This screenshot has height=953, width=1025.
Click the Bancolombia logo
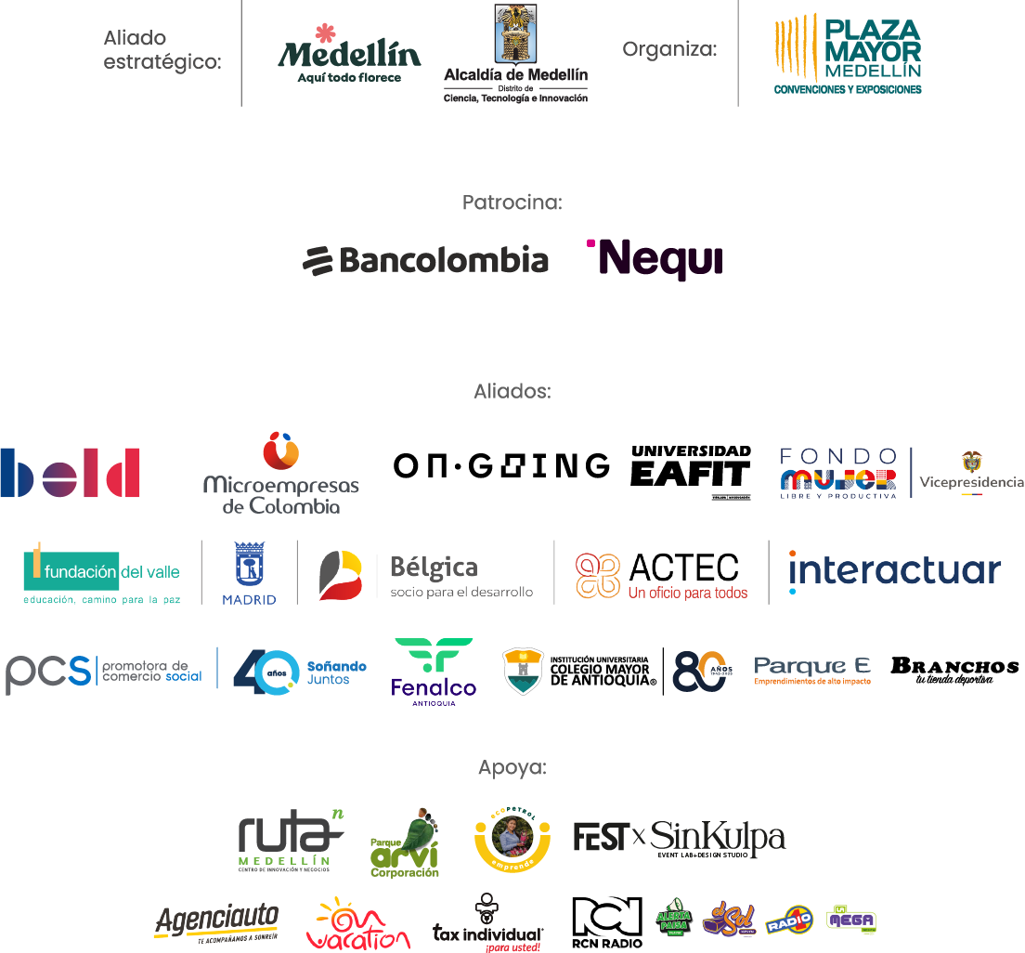click(x=425, y=261)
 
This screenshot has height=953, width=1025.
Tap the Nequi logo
click(x=655, y=259)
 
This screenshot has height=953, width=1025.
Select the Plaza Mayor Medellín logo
click(x=848, y=53)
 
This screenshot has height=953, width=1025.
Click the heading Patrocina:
click(x=512, y=202)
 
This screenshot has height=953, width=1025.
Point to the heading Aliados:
click(x=512, y=391)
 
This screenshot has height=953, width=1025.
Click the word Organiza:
click(x=669, y=49)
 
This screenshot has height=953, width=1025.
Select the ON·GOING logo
click(x=501, y=465)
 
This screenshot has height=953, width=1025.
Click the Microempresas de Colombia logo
click(x=281, y=474)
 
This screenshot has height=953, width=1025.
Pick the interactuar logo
click(x=894, y=571)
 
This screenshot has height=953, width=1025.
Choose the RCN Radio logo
click(x=607, y=922)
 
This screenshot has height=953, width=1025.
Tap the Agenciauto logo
click(x=216, y=922)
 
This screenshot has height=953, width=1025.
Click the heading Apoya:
click(x=512, y=768)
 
